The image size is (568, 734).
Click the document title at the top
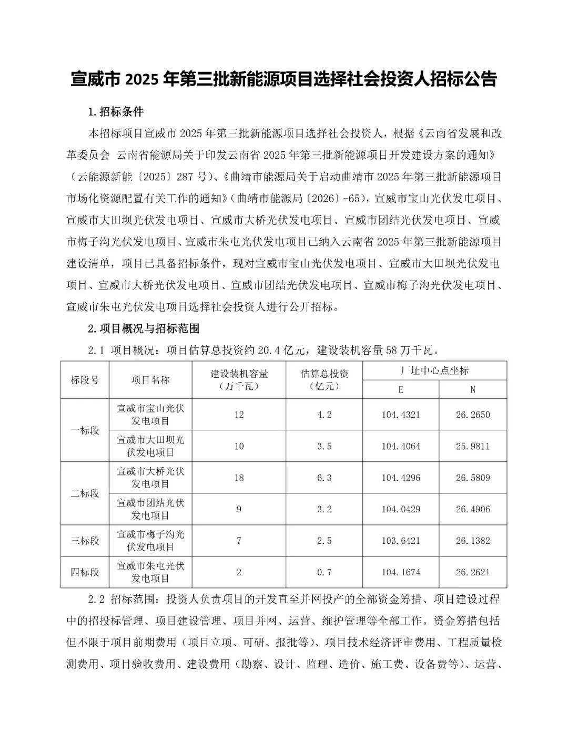pos(284,79)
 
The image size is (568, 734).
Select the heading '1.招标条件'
pos(116,112)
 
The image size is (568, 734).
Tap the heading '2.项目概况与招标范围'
pos(143,328)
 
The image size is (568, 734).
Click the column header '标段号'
pos(85,380)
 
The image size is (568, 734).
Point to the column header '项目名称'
pos(150,380)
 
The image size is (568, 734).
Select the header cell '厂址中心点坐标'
pos(434,370)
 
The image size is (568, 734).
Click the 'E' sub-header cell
pos(401,389)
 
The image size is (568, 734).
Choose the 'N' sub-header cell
pos(472,389)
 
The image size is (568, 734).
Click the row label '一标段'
pos(85,430)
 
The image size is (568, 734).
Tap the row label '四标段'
pos(85,572)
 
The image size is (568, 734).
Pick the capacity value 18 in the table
pos(239,478)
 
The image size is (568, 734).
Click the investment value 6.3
pos(324,478)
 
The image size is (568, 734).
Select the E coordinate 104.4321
pos(401,415)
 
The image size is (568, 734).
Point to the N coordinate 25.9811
pos(472,446)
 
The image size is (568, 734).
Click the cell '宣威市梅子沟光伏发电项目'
pos(150,541)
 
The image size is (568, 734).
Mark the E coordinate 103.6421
pos(401,541)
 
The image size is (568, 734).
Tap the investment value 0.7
pos(324,572)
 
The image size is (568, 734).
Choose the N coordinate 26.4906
pos(472,509)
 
